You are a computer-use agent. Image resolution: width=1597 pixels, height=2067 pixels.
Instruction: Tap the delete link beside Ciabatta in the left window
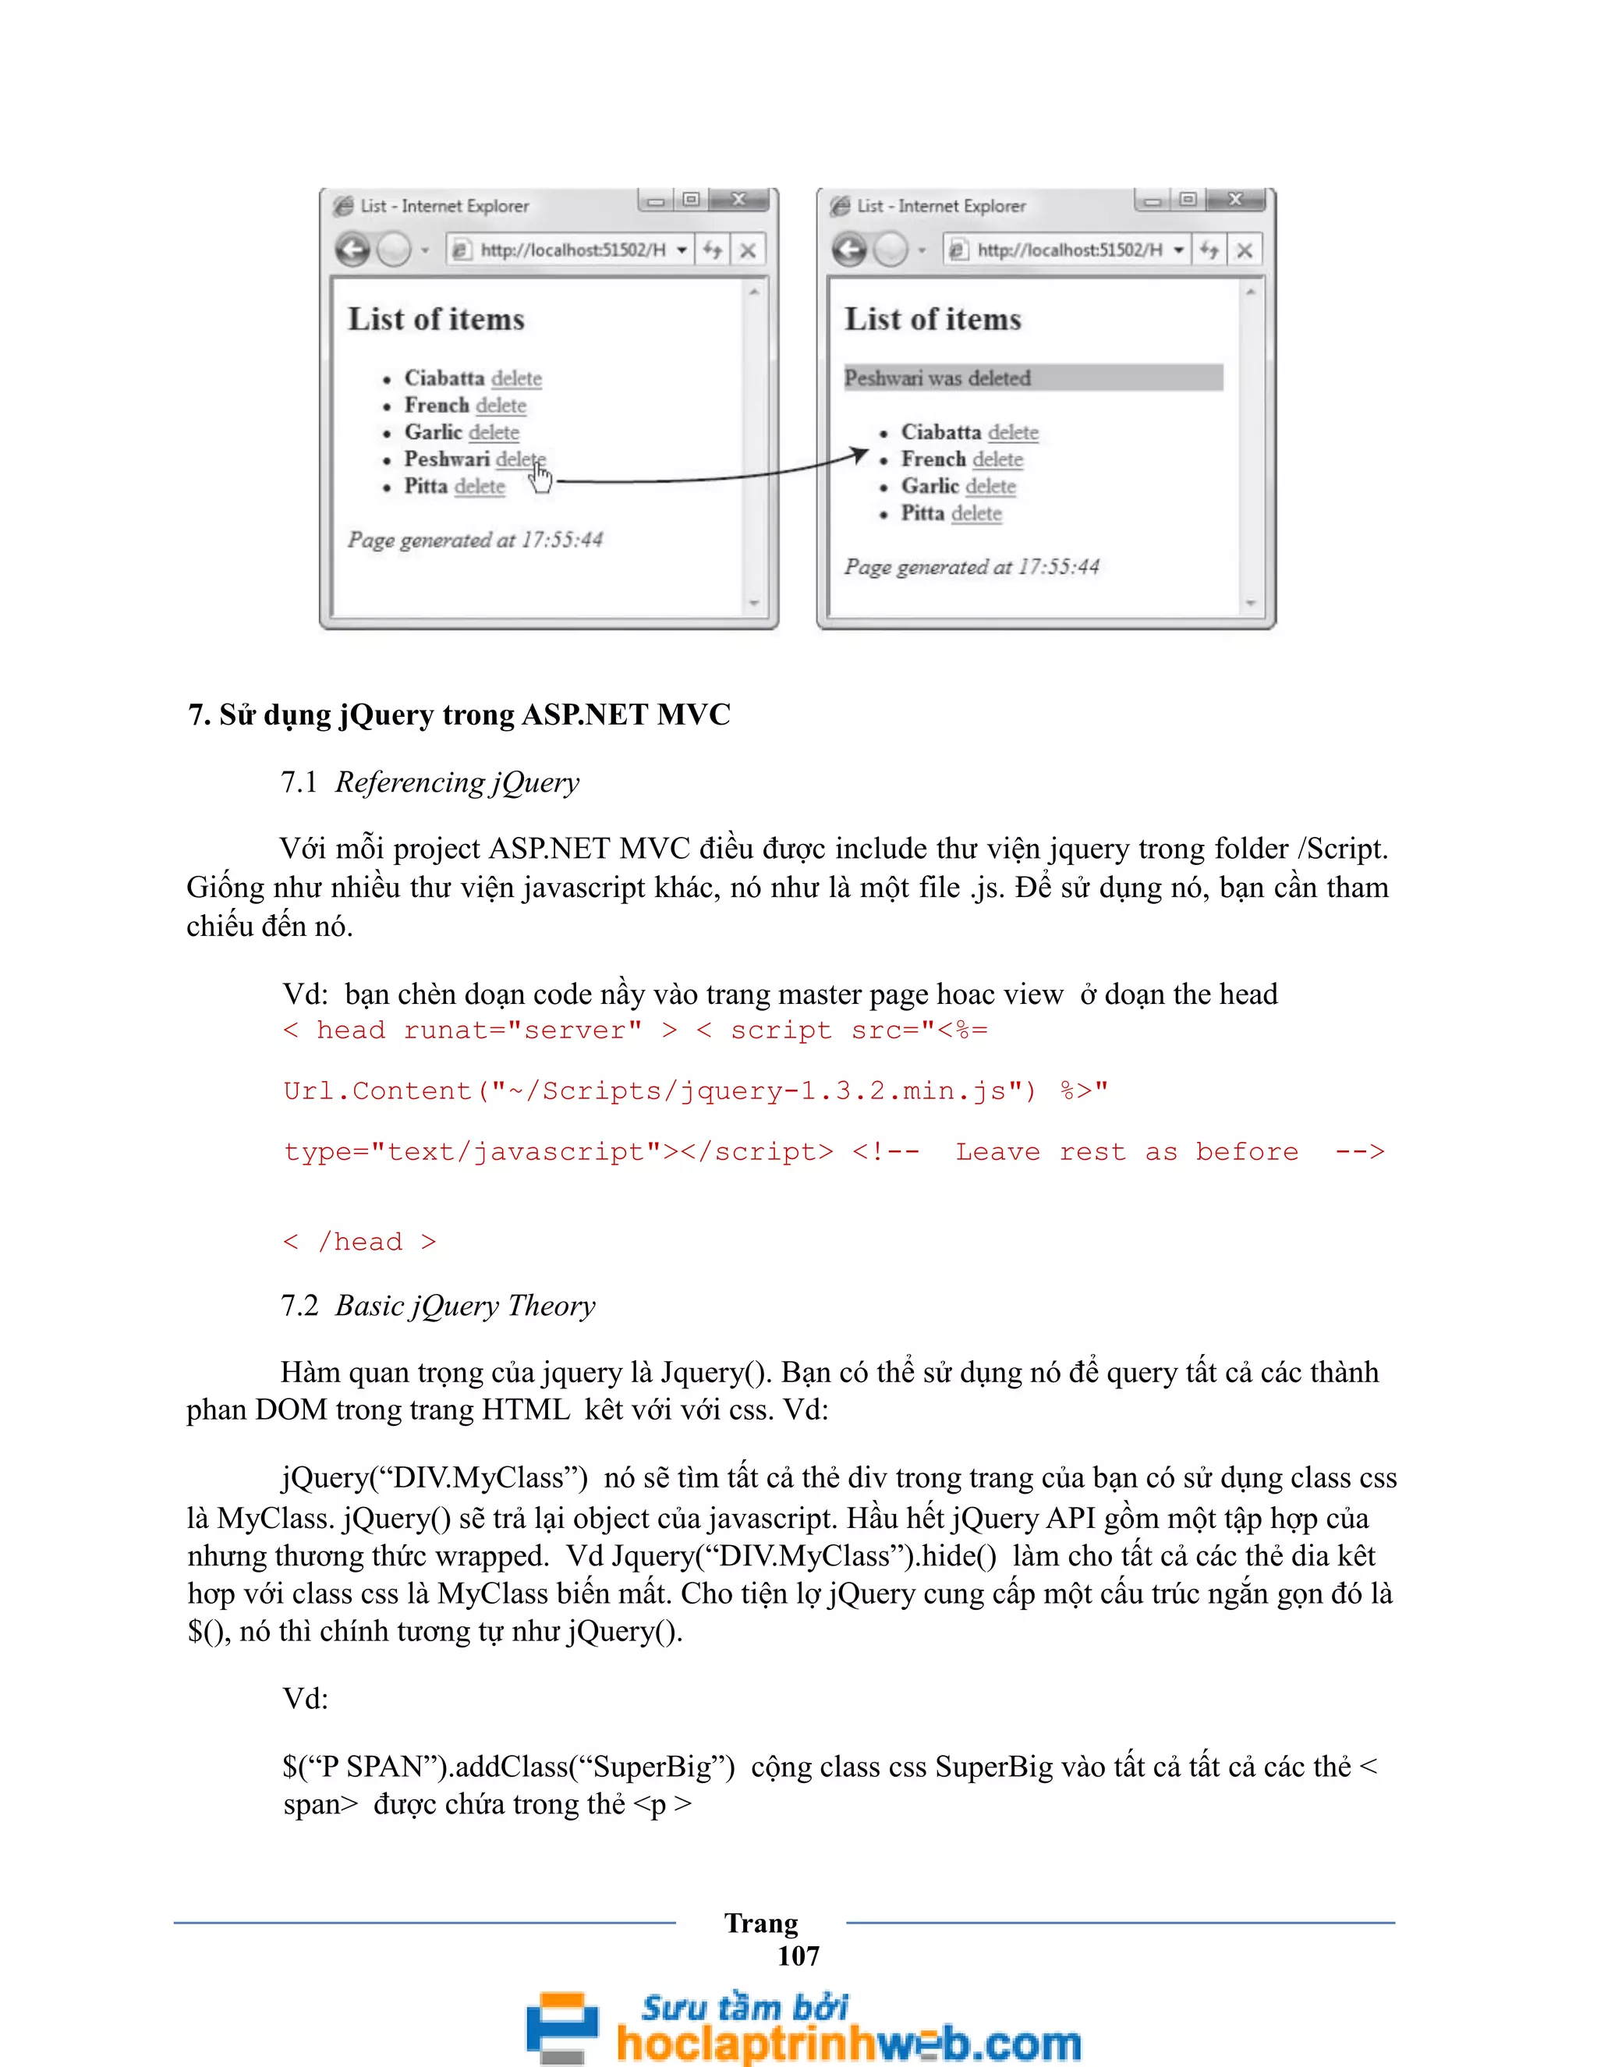pyautogui.click(x=516, y=378)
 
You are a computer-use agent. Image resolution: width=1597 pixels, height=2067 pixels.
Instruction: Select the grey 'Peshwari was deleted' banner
pyautogui.click(x=1032, y=378)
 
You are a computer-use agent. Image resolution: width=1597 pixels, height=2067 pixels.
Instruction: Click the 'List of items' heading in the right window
pyautogui.click(x=933, y=319)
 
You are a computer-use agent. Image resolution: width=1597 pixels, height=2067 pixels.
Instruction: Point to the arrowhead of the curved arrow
pyautogui.click(x=860, y=456)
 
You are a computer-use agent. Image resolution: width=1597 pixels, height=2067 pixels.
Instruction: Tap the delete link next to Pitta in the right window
pyautogui.click(x=976, y=513)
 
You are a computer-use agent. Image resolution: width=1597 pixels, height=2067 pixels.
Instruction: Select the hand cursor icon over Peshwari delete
pyautogui.click(x=540, y=477)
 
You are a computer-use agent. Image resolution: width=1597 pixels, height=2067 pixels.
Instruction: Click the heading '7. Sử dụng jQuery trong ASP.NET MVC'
pyautogui.click(x=459, y=714)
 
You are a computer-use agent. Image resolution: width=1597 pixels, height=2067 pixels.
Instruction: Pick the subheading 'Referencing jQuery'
pyautogui.click(x=457, y=782)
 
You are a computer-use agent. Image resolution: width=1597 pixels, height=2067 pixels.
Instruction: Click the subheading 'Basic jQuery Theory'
pyautogui.click(x=465, y=1306)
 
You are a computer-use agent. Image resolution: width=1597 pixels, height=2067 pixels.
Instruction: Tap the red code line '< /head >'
pyautogui.click(x=359, y=1242)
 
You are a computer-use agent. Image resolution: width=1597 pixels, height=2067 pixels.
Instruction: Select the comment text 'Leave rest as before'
pyautogui.click(x=1126, y=1152)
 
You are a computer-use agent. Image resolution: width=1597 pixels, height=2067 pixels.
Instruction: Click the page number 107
pyautogui.click(x=798, y=1955)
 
